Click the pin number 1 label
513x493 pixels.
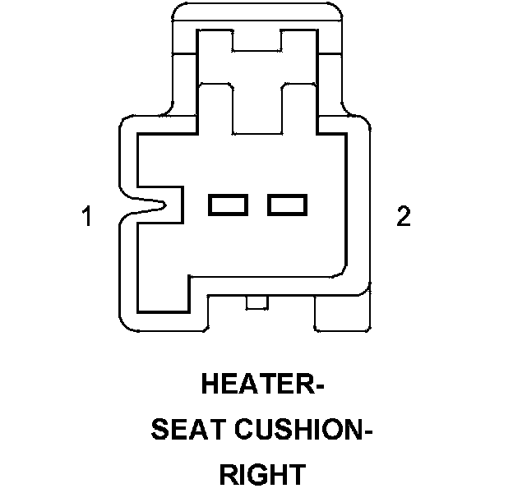pos(85,218)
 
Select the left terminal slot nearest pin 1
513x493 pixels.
pos(229,204)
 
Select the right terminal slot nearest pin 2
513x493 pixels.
pos(287,204)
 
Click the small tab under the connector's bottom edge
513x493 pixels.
pos(257,305)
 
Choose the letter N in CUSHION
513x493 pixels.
pos(349,431)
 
